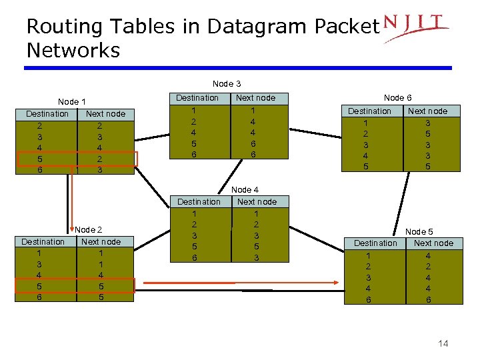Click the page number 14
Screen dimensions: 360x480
coord(443,343)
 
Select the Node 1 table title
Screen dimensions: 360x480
coord(71,102)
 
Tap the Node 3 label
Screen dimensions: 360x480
coord(227,84)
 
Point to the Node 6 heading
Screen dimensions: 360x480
coord(397,98)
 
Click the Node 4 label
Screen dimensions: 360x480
coord(245,190)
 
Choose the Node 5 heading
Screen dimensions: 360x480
coord(419,231)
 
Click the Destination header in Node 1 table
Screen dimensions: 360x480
coord(47,114)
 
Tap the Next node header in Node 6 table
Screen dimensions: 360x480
coord(427,111)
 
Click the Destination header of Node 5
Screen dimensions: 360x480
coord(375,243)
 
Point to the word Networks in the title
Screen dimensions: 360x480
coord(73,51)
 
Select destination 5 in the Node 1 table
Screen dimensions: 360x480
coord(40,159)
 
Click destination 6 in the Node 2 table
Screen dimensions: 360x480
coord(39,297)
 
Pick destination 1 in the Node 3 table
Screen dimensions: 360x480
coord(194,110)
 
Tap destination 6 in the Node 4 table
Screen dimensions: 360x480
coord(195,257)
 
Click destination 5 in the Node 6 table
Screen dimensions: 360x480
coord(365,166)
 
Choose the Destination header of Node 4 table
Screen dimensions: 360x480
coord(199,202)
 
